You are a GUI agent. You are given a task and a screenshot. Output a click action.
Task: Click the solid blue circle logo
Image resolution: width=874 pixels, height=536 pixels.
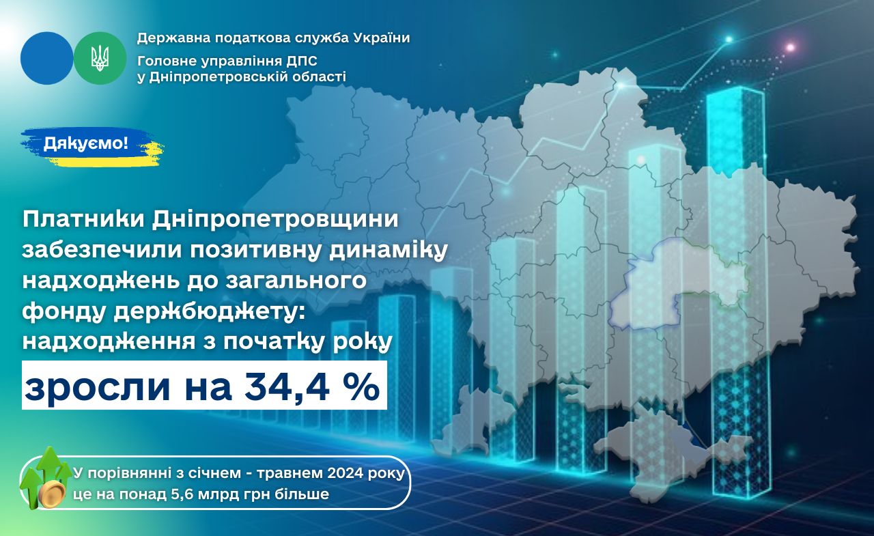(x=47, y=59)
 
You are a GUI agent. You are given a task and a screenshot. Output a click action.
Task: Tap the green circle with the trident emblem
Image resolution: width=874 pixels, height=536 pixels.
(x=100, y=59)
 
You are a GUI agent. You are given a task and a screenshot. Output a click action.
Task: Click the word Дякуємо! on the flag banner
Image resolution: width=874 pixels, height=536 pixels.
(x=86, y=143)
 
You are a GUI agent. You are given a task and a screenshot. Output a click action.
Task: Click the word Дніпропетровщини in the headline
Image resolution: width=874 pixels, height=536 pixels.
(x=275, y=220)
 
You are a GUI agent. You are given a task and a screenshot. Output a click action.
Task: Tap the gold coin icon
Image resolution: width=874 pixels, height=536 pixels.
(x=52, y=494)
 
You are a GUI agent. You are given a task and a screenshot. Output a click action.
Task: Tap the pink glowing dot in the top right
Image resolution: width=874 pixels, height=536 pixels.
(x=791, y=48)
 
